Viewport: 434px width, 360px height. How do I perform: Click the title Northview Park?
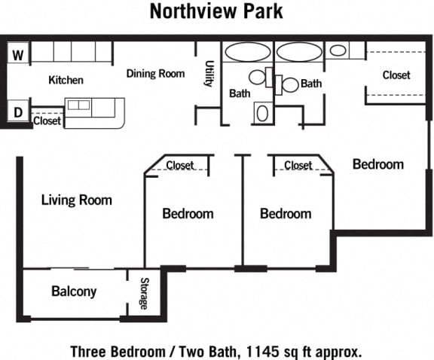(x=215, y=11)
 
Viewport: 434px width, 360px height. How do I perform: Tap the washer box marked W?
(x=19, y=53)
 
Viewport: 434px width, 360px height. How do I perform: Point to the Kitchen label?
(x=66, y=80)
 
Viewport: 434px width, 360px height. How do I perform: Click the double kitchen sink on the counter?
(x=78, y=105)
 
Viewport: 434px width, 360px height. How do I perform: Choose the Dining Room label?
(x=155, y=73)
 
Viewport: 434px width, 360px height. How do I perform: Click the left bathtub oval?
(x=248, y=52)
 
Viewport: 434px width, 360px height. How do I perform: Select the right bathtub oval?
(x=299, y=52)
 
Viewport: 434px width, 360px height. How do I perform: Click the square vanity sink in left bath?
(x=263, y=113)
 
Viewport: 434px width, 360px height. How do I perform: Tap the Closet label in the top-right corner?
(x=396, y=75)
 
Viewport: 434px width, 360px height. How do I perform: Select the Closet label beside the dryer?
(x=47, y=120)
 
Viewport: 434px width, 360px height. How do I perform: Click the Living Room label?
(x=76, y=200)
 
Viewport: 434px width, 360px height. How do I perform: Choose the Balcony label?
(x=74, y=291)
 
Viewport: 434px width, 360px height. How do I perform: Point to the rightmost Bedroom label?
(x=378, y=164)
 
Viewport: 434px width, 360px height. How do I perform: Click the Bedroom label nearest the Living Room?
(x=188, y=213)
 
